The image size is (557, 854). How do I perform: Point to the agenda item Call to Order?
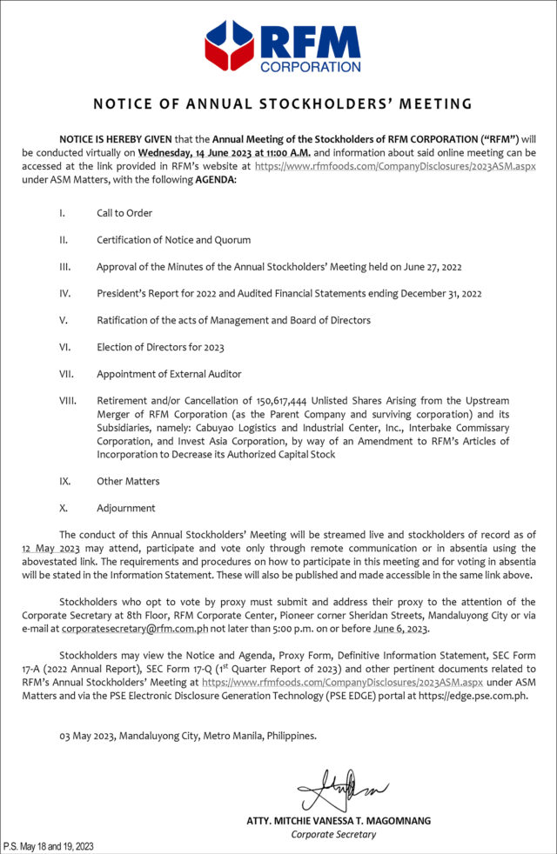coord(125,212)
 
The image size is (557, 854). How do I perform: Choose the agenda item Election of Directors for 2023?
coord(160,347)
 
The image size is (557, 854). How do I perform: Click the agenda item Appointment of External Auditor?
coord(164,374)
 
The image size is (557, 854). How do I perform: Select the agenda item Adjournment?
coord(126,508)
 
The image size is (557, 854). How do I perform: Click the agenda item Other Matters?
coord(128,481)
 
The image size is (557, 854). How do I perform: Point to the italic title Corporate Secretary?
coord(334,834)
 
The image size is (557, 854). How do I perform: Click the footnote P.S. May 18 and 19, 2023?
coord(49,846)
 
